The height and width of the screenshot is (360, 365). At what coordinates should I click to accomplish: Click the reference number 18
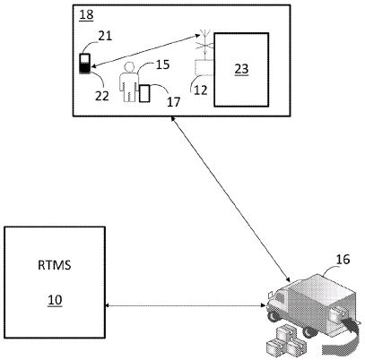[x=86, y=15]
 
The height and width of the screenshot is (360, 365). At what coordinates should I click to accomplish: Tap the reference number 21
[x=105, y=36]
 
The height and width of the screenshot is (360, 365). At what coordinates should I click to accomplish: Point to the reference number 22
[x=102, y=96]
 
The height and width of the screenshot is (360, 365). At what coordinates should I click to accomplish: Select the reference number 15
[x=163, y=64]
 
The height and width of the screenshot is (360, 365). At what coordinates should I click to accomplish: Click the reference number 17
[x=174, y=102]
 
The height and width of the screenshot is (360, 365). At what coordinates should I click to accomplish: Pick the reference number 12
[x=201, y=90]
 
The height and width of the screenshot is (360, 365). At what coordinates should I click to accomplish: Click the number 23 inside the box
[x=241, y=69]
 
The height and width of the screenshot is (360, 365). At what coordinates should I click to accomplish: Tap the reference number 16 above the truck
[x=343, y=260]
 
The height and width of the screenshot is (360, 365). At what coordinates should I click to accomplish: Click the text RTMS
[x=55, y=265]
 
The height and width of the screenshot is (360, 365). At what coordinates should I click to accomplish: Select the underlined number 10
[x=55, y=300]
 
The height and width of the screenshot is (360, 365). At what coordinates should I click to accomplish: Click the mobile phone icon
[x=84, y=64]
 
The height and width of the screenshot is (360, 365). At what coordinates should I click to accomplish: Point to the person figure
[x=129, y=82]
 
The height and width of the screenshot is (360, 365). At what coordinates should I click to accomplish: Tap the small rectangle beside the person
[x=144, y=93]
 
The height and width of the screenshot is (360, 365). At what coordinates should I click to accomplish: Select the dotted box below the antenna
[x=204, y=67]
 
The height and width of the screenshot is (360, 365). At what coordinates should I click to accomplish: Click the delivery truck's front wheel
[x=273, y=317]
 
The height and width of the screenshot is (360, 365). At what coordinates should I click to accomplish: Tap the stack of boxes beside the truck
[x=286, y=342]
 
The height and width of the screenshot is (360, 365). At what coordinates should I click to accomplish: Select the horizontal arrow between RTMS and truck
[x=186, y=305]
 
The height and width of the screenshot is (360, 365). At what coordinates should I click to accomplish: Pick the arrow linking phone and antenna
[x=145, y=51]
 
